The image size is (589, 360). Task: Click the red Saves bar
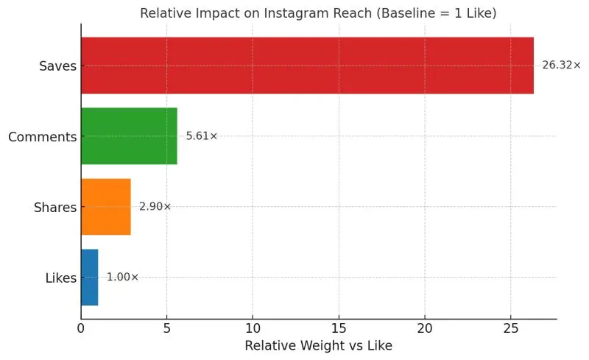[x=307, y=66]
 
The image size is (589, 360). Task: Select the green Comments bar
[x=129, y=136]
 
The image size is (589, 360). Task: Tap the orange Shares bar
[x=106, y=207]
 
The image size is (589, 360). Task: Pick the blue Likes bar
[x=89, y=278]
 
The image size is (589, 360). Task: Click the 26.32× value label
[x=561, y=66]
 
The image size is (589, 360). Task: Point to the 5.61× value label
[x=202, y=136]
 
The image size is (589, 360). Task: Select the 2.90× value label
[x=155, y=207]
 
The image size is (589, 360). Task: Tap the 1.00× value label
[x=122, y=278]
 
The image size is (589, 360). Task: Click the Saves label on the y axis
[x=57, y=66]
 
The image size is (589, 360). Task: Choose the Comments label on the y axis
[x=42, y=137]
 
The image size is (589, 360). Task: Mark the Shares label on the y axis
[x=55, y=208]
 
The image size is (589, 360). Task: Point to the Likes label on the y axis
[x=60, y=278]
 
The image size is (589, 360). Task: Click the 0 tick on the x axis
[x=81, y=328]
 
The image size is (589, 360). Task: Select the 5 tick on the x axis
[x=167, y=328]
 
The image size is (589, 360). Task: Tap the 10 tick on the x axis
[x=253, y=328]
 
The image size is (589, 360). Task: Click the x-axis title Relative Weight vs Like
[x=318, y=346]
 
